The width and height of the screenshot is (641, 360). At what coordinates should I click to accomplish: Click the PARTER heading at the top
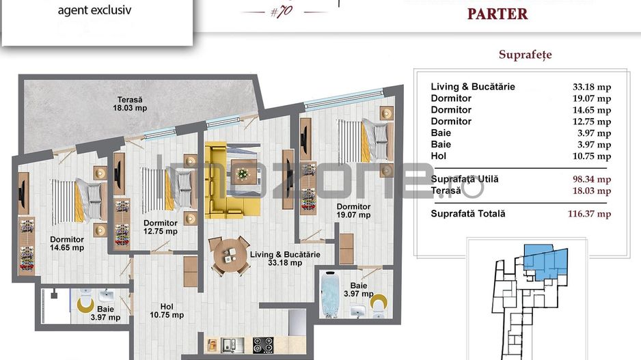click(x=497, y=14)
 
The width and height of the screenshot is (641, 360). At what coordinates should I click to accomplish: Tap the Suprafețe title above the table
click(x=525, y=55)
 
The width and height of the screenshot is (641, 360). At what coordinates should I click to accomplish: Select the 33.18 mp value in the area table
click(x=591, y=87)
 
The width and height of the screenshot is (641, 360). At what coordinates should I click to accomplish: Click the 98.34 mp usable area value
click(x=591, y=179)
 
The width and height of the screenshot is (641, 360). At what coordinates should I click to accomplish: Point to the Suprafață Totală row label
click(x=468, y=214)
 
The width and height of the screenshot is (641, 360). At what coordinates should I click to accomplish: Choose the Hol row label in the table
click(x=438, y=156)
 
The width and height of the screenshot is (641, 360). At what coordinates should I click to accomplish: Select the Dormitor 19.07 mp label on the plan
click(x=353, y=210)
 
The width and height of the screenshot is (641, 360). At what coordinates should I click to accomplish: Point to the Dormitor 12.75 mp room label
click(x=161, y=227)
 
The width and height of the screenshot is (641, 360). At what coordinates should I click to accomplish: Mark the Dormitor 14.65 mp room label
click(x=67, y=244)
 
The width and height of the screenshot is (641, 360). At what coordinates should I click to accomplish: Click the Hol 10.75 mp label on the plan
click(x=167, y=311)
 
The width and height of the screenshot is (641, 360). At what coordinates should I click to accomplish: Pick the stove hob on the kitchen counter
click(x=263, y=344)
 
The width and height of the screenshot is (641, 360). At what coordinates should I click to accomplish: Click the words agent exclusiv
click(x=94, y=10)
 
